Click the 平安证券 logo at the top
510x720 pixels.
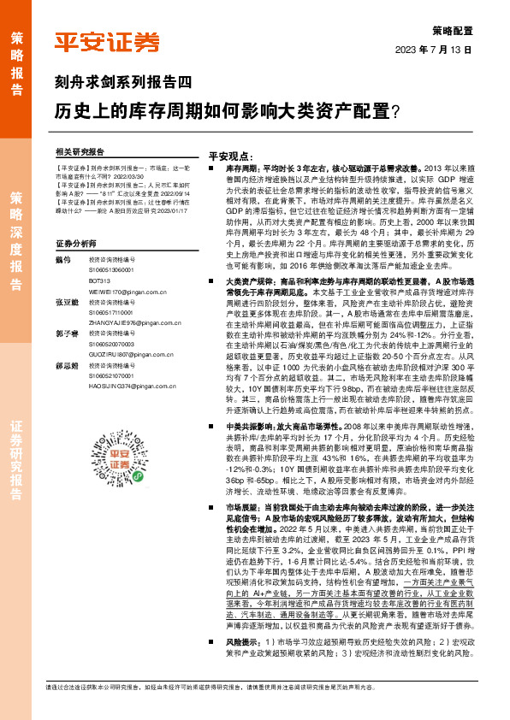(x=107, y=43)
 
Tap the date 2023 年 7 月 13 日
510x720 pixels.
(x=433, y=50)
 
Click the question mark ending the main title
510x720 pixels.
(x=394, y=111)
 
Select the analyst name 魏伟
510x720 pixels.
(x=61, y=259)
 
